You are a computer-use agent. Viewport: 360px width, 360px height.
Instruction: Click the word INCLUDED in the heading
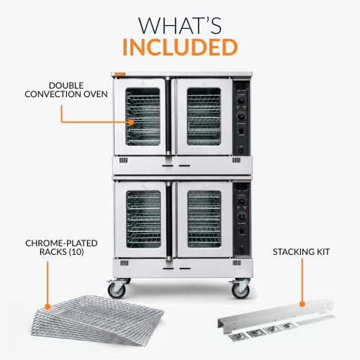pyautogui.click(x=180, y=47)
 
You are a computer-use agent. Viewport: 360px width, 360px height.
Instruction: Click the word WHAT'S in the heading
pyautogui.click(x=180, y=25)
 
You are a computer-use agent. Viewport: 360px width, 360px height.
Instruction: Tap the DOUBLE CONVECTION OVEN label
pyautogui.click(x=66, y=90)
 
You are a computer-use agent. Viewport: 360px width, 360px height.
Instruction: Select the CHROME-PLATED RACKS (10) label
pyautogui.click(x=61, y=248)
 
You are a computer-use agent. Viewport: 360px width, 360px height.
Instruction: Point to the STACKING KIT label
pyautogui.click(x=301, y=252)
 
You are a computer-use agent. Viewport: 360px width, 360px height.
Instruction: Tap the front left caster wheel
pyautogui.click(x=117, y=290)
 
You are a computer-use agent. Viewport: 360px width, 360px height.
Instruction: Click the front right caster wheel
pyautogui.click(x=240, y=291)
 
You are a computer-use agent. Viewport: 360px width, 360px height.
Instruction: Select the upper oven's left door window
pyautogui.click(x=143, y=117)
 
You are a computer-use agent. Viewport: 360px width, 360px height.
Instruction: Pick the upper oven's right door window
pyautogui.click(x=204, y=117)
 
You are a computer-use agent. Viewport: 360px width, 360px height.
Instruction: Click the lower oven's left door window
pyautogui.click(x=143, y=220)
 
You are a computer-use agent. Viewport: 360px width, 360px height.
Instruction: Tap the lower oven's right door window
pyautogui.click(x=204, y=220)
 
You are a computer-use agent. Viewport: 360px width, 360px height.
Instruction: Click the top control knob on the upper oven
pyautogui.click(x=241, y=99)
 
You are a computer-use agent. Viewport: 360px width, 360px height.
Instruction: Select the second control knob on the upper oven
pyautogui.click(x=241, y=117)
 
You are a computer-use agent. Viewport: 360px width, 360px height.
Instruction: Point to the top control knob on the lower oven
pyautogui.click(x=241, y=200)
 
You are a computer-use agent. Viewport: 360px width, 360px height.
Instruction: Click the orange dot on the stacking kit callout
pyautogui.click(x=302, y=304)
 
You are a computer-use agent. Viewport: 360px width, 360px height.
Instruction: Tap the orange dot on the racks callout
pyautogui.click(x=48, y=307)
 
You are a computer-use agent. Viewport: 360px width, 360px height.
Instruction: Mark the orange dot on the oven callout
pyautogui.click(x=131, y=122)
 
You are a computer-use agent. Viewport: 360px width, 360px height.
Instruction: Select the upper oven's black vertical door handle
pyautogui.click(x=168, y=116)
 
